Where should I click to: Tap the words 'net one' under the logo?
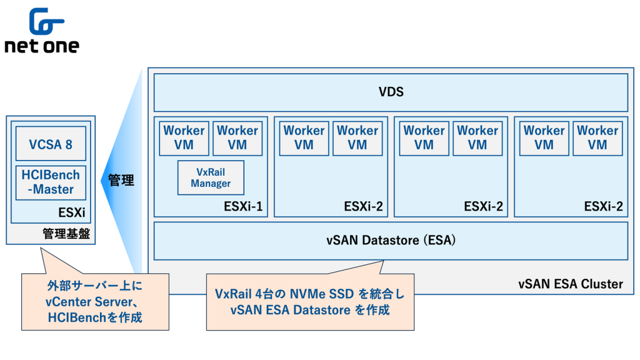[42, 47]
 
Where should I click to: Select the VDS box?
[391, 92]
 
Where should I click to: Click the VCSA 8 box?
[51, 144]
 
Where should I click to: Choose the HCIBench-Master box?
[51, 182]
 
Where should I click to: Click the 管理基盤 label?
[66, 234]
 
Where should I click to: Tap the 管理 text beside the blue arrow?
[121, 181]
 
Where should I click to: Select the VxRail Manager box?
[211, 177]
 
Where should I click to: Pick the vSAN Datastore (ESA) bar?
[391, 241]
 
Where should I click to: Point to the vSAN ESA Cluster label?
[571, 284]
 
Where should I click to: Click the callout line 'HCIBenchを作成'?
[94, 317]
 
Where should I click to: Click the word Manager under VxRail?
[211, 184]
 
